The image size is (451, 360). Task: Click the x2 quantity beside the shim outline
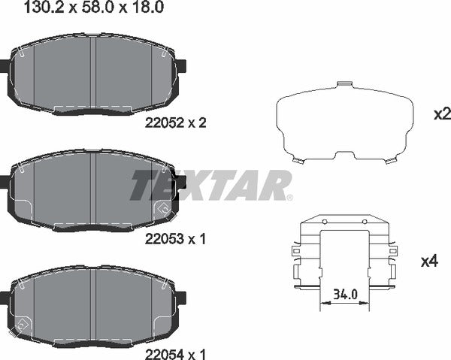[x=441, y=114]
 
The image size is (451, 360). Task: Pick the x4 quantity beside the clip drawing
[x=429, y=262]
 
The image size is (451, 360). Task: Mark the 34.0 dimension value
[x=346, y=295]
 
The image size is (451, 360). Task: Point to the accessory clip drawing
[x=345, y=256]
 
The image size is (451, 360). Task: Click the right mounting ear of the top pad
[x=180, y=66]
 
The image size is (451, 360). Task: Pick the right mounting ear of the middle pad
[x=180, y=182]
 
